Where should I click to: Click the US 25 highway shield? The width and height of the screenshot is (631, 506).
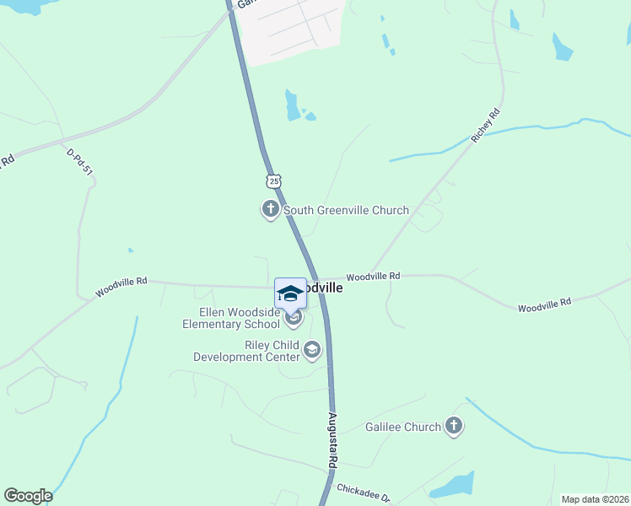point(272,180)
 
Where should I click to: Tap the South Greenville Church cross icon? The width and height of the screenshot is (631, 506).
point(270,209)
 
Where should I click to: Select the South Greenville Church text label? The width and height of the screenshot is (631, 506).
point(346,211)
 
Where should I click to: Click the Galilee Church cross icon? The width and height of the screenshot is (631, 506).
point(454,426)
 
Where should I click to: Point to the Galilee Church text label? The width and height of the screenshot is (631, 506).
point(403,428)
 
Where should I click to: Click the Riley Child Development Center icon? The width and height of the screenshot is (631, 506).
point(312,350)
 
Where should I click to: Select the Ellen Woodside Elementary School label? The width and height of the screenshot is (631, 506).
point(231,319)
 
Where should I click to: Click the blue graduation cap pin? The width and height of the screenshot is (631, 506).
point(290,293)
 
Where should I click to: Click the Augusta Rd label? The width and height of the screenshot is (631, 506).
point(333,443)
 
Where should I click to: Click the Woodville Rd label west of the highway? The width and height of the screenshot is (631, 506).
point(121,287)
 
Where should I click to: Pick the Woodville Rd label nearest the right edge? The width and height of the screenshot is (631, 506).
point(544,304)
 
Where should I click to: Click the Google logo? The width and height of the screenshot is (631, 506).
point(28,496)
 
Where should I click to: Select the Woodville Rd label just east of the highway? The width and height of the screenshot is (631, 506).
point(373,276)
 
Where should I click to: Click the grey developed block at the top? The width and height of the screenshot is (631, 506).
point(291,30)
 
